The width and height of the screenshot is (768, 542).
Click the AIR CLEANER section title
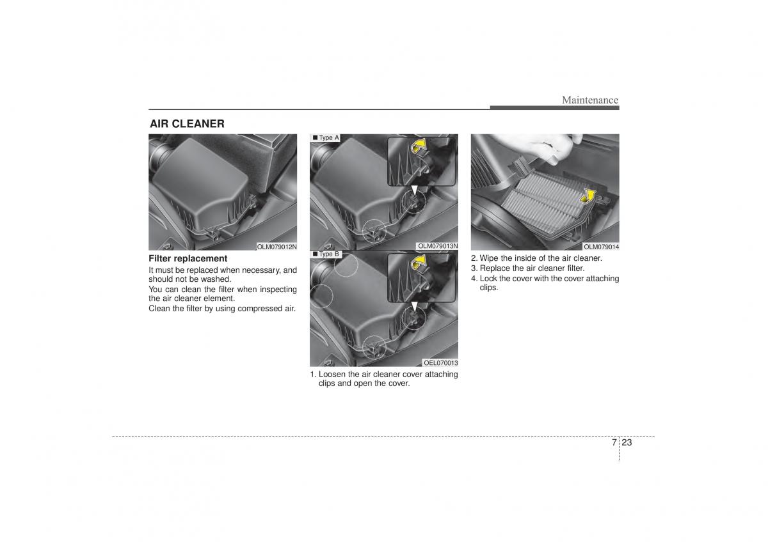(187, 123)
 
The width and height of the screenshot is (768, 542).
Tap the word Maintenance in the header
(590, 100)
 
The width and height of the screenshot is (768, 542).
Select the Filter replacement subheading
(188, 258)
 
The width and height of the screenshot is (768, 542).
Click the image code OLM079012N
(276, 247)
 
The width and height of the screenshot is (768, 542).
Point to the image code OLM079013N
(438, 246)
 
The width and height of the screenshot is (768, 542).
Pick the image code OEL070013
(440, 363)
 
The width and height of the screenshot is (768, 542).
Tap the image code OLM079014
(602, 247)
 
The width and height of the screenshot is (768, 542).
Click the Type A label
(326, 137)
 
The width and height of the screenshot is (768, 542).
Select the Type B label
(326, 254)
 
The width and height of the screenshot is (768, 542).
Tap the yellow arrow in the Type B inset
(419, 263)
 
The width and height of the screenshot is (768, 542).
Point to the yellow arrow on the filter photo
(588, 196)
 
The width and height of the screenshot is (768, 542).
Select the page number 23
(627, 442)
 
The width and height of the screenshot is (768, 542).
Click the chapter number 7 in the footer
(614, 442)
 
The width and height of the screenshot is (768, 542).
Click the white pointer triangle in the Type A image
(415, 190)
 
